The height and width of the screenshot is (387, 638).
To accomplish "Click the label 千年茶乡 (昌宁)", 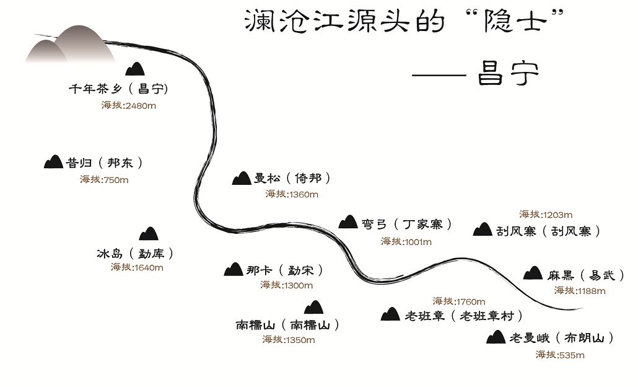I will pyautogui.click(x=118, y=89).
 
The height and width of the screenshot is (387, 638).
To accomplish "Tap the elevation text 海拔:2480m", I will pyautogui.click(x=129, y=105).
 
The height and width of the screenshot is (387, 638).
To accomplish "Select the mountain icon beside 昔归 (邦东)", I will pyautogui.click(x=53, y=162).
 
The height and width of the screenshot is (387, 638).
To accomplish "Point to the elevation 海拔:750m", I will pyautogui.click(x=104, y=180).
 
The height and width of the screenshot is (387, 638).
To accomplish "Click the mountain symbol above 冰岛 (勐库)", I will pyautogui.click(x=148, y=234).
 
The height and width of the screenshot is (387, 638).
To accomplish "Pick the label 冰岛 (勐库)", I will pyautogui.click(x=134, y=253).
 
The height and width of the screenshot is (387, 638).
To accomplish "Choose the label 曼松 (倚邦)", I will pyautogui.click(x=292, y=178).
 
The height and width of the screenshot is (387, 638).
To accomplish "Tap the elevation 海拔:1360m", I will pyautogui.click(x=292, y=194).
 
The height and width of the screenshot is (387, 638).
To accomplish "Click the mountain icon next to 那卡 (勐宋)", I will pyautogui.click(x=233, y=269).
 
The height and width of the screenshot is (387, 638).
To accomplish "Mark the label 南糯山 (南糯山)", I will pyautogui.click(x=287, y=324).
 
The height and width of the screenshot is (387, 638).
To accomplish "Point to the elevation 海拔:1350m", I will pyautogui.click(x=289, y=339).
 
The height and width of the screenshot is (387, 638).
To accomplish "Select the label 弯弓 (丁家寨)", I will pyautogui.click(x=406, y=224).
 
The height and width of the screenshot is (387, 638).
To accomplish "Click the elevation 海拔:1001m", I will pyautogui.click(x=406, y=241).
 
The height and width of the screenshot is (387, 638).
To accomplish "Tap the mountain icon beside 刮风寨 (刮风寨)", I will pyautogui.click(x=482, y=229).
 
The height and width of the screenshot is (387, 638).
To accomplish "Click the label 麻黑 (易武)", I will pyautogui.click(x=585, y=275).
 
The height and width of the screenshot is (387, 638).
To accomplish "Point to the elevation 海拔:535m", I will pyautogui.click(x=560, y=355).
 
